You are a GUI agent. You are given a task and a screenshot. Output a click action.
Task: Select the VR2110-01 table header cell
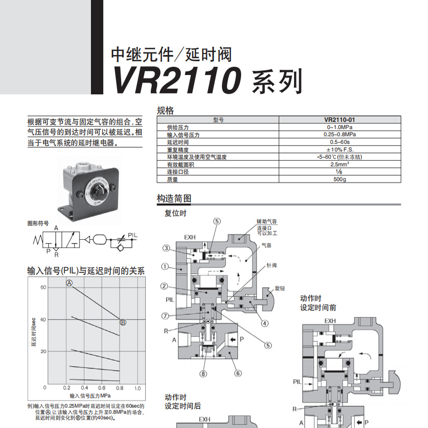[340, 119]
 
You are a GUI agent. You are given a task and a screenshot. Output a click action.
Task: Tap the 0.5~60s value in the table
[340, 142]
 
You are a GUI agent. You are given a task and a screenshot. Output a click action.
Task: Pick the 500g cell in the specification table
[340, 179]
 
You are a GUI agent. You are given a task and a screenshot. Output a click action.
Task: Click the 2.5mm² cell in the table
[340, 164]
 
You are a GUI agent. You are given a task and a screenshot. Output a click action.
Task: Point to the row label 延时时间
[177, 142]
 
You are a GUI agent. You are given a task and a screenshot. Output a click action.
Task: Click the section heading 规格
[166, 111]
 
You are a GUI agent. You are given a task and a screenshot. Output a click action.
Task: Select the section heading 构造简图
[174, 199]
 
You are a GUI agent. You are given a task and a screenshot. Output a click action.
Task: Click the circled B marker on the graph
[123, 322]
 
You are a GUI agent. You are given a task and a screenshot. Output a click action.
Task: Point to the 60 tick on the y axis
[43, 287]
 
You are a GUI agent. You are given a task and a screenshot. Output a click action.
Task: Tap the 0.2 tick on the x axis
[67, 388]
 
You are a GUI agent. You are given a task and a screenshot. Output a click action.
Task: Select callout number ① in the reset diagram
[165, 266]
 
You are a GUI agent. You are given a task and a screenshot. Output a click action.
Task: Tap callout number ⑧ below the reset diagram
[203, 373]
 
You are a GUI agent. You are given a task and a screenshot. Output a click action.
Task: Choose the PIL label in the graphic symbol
[133, 234]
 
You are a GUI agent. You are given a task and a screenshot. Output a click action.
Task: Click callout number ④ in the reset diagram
[265, 324]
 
